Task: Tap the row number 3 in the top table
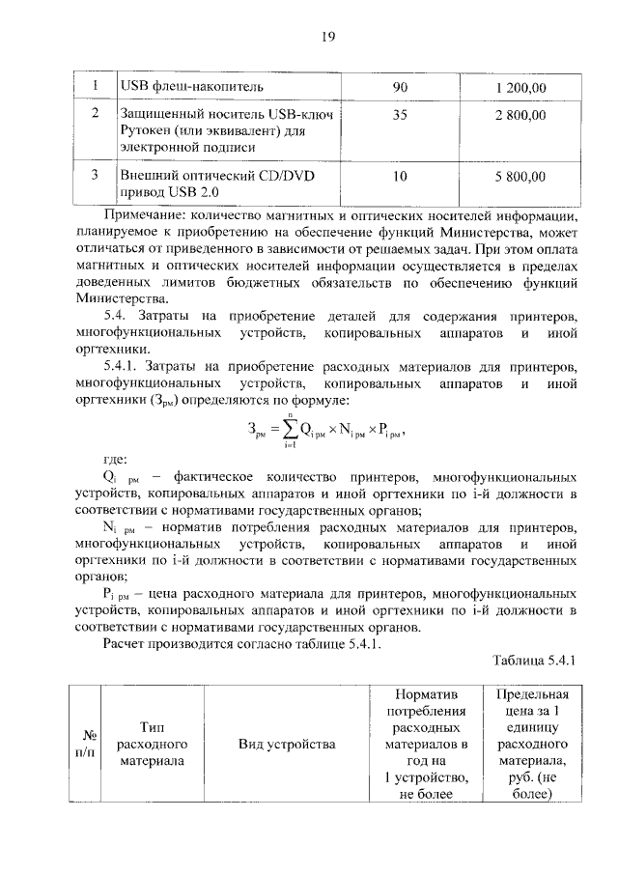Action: (95, 176)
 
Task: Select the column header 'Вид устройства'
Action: (287, 745)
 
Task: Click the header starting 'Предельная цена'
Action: (532, 745)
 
